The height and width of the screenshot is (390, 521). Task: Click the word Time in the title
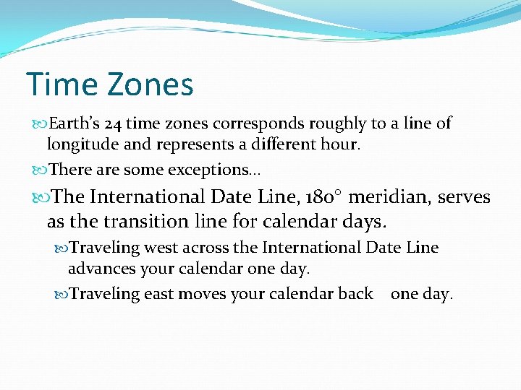[x=62, y=84]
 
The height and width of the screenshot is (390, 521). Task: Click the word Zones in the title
[x=151, y=84]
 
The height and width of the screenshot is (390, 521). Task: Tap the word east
[x=158, y=294]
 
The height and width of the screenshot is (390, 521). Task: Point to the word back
[x=355, y=294]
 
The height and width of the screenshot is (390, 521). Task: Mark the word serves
[x=465, y=196]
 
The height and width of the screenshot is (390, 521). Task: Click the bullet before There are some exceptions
[x=41, y=170]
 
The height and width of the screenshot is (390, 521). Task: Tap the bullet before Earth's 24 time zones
[x=41, y=123]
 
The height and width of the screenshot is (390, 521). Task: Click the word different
[x=278, y=144]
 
